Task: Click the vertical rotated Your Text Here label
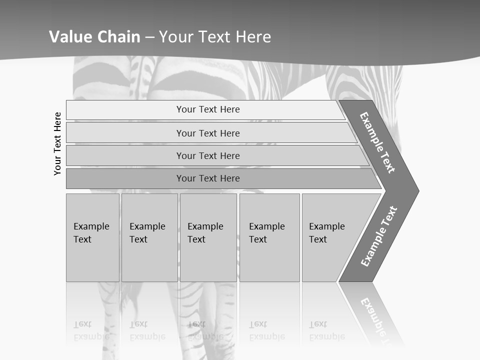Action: [x=57, y=143]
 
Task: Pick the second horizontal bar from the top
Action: [x=207, y=133]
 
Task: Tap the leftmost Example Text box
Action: [x=92, y=237]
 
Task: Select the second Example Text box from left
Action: [x=149, y=237]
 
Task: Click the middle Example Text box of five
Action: [x=208, y=237]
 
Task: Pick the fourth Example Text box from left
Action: [x=269, y=237]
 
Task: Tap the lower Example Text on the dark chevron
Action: [x=379, y=236]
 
